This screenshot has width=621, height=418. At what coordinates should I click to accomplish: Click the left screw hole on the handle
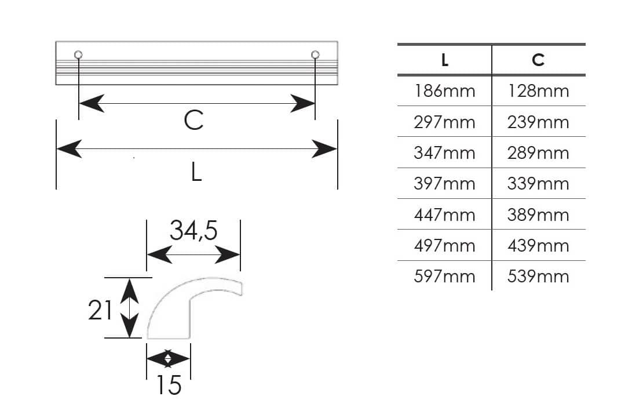point(78,54)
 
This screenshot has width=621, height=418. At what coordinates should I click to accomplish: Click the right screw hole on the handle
point(315,54)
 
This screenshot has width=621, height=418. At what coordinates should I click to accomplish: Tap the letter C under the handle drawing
point(193,120)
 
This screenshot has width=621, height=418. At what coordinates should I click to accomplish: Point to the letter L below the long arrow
point(196,172)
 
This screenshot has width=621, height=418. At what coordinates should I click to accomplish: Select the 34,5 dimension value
point(193,230)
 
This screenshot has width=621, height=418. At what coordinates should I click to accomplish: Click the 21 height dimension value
point(100,310)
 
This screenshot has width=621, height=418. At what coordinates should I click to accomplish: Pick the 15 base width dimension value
point(169,385)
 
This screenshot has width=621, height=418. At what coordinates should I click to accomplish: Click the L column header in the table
point(445,60)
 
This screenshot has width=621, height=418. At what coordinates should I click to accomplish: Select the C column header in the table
point(538,60)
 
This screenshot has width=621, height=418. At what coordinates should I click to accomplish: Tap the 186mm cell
point(445,91)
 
